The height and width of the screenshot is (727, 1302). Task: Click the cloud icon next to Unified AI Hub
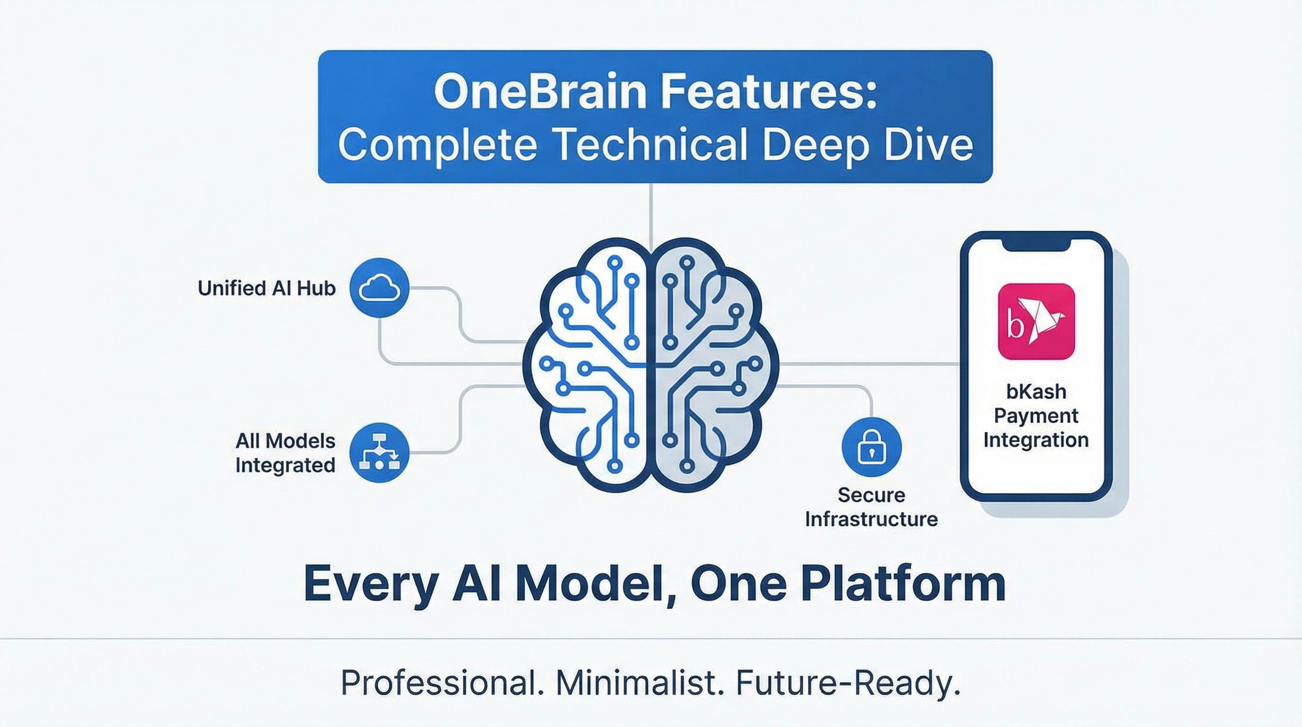point(379,289)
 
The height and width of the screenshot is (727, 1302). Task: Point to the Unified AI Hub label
point(266,289)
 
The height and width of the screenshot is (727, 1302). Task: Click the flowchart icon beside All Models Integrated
point(379,453)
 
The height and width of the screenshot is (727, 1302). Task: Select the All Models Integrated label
point(285,453)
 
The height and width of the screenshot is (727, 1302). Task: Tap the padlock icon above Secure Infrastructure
point(871,447)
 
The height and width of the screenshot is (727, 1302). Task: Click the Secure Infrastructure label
point(871,507)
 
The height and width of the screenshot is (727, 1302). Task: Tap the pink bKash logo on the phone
point(1037,321)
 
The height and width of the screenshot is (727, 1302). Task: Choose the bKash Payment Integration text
point(1036,416)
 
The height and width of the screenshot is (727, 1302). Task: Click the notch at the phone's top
point(1037,243)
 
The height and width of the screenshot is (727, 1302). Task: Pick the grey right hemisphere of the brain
point(713,364)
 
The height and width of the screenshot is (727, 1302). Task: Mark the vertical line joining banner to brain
point(651,213)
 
